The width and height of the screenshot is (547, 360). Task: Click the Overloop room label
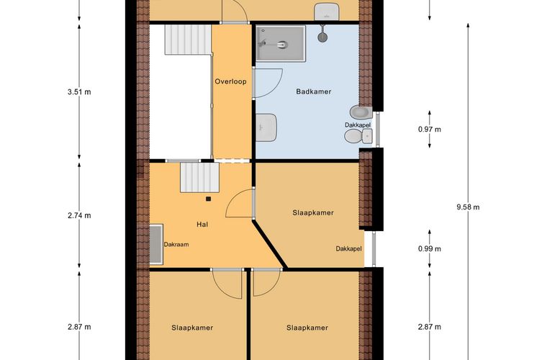[230, 81]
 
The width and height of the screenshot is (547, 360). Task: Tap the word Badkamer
[313, 91]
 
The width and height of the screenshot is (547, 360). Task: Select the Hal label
[202, 225]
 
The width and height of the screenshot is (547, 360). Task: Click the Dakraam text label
[176, 245]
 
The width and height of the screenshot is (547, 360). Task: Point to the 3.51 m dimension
[79, 91]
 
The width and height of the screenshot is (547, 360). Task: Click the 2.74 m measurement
[79, 215]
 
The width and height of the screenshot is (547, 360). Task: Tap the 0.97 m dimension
[429, 130]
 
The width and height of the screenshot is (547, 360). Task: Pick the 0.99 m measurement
[429, 249]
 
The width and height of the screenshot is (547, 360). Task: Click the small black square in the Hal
[208, 199]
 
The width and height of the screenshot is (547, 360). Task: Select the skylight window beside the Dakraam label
[155, 244]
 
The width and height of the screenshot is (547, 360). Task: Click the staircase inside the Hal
[198, 176]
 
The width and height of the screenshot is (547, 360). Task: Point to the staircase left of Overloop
[186, 40]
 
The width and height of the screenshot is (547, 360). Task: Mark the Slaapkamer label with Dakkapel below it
[313, 213]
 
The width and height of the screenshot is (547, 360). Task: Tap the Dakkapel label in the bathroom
[358, 125]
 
